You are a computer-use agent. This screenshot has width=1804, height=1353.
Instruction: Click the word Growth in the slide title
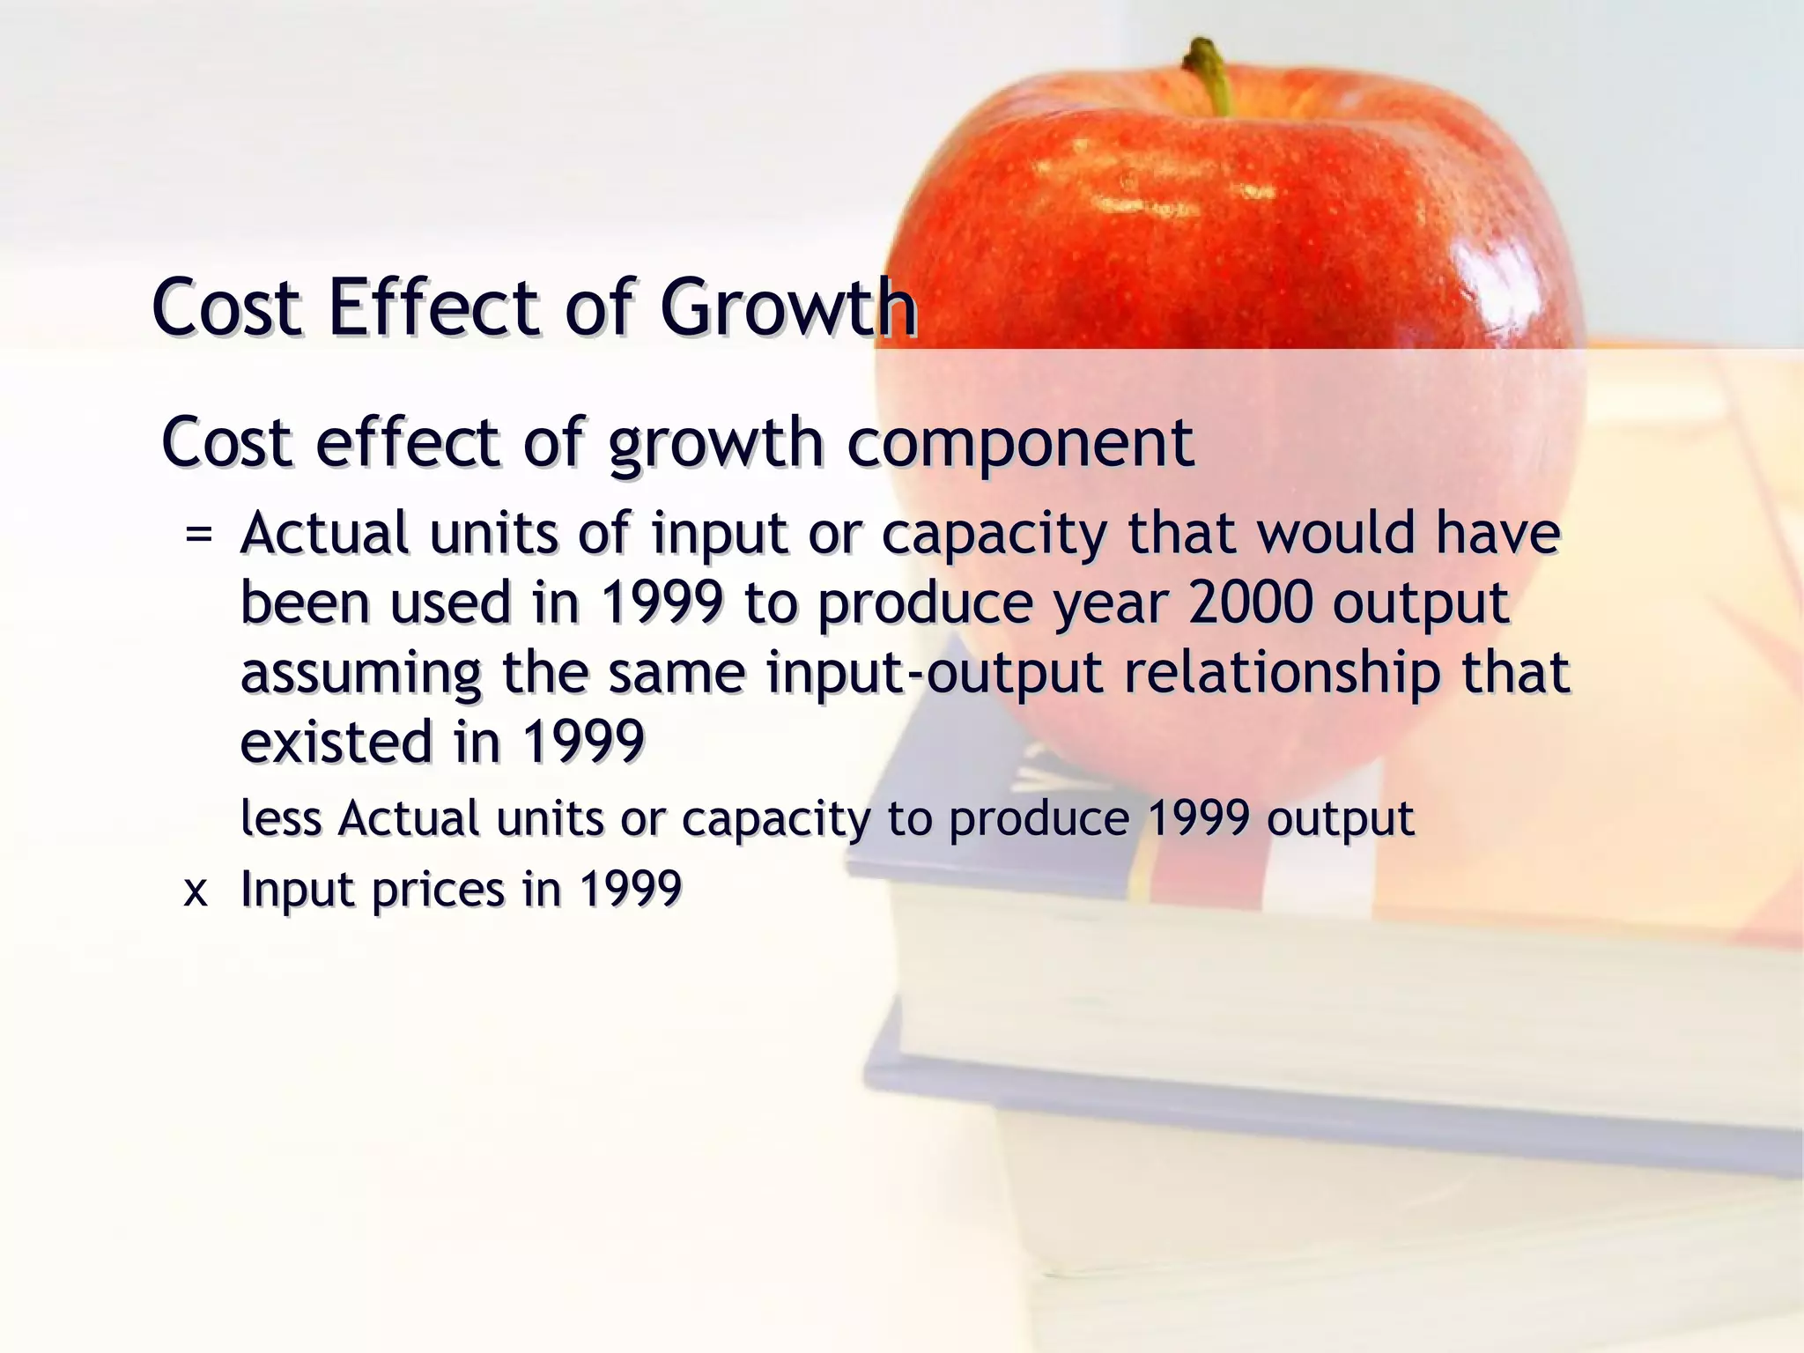tap(788, 307)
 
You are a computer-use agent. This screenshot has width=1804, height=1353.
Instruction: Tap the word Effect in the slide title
tap(433, 307)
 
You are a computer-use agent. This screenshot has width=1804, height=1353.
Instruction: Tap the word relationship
tap(1282, 674)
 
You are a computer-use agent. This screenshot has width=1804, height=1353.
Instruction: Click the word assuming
tap(361, 674)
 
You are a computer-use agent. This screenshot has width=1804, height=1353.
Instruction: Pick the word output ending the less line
tap(1340, 819)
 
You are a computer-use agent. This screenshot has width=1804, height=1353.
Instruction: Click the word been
tap(305, 603)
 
